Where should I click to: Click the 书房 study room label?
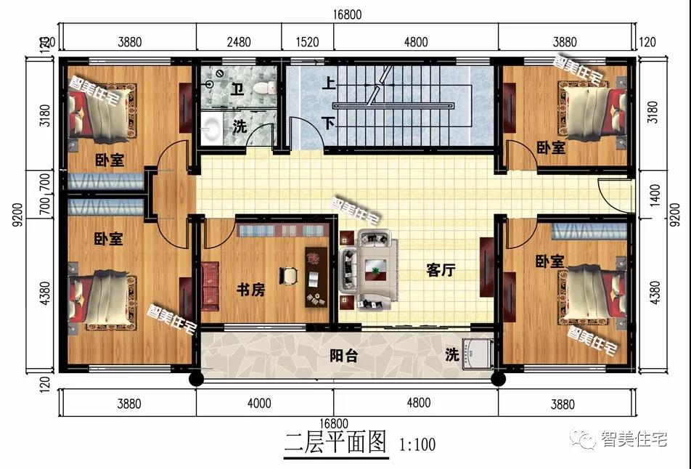tap(250, 290)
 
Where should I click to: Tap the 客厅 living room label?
tap(441, 270)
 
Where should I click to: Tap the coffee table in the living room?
tap(376, 269)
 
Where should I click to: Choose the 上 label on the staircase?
tap(330, 84)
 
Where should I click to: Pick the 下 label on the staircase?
tap(330, 123)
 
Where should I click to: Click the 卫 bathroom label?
tap(237, 89)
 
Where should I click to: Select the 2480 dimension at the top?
tap(238, 42)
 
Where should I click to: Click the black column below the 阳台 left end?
tap(195, 378)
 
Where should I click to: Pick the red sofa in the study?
tap(210, 284)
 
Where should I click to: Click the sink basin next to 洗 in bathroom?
tap(211, 128)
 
